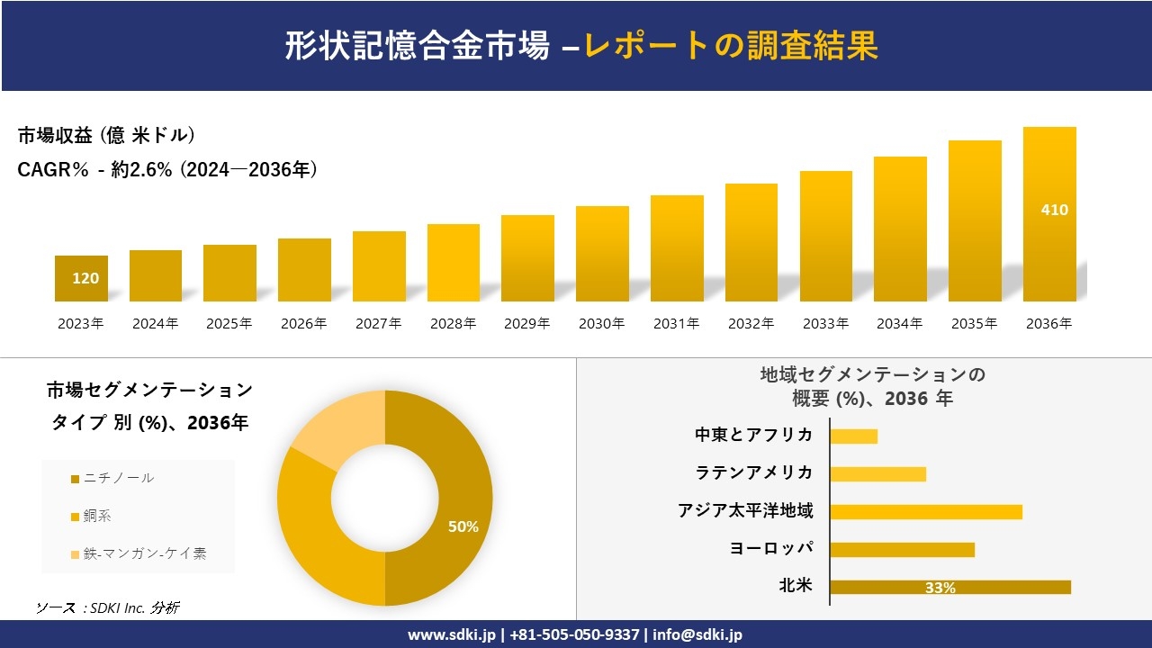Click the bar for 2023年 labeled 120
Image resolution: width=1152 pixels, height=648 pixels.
point(81,279)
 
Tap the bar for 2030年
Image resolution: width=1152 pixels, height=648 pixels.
point(602,254)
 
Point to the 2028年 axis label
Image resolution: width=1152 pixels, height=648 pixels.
point(453,324)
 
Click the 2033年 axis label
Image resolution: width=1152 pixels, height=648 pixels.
point(825,324)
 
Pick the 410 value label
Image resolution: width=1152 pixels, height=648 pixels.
point(1054,210)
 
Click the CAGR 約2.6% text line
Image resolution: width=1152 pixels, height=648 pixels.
point(167,169)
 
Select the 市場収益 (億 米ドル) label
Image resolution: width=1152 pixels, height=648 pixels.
point(106,136)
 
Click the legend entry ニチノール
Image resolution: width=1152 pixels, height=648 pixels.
point(118,478)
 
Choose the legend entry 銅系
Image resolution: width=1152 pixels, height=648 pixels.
point(97,516)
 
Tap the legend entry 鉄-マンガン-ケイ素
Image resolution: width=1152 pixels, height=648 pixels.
point(144,553)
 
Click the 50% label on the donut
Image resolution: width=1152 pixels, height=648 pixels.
point(463,527)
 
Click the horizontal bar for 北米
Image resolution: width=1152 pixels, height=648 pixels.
point(949,587)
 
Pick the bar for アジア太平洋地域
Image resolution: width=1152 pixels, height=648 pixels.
point(925,511)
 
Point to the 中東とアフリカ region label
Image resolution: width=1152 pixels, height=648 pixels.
point(753,435)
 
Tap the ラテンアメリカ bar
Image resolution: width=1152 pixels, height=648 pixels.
point(877,473)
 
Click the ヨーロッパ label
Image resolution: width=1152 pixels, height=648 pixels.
point(771,548)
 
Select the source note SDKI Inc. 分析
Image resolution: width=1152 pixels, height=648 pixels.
point(108,607)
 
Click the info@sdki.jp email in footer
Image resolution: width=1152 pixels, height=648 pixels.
point(699,634)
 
